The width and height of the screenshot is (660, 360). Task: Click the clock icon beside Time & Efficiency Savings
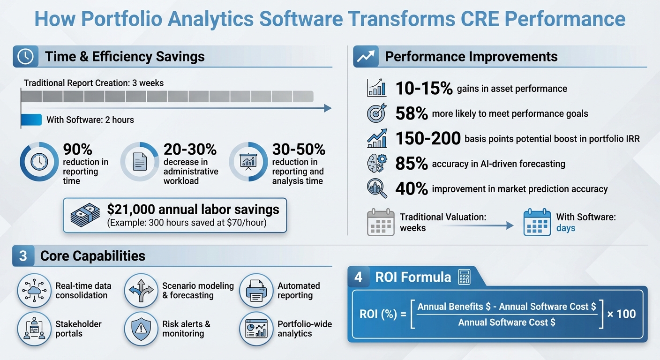tap(25, 57)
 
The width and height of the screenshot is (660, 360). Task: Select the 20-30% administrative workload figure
tap(190, 150)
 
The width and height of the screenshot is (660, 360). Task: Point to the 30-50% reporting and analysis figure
tap(299, 150)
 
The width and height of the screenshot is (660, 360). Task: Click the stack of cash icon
tap(85, 215)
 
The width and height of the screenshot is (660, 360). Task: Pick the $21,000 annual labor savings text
tap(193, 209)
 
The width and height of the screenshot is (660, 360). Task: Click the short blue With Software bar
tap(31, 120)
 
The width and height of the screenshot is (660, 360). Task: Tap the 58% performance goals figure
tap(412, 113)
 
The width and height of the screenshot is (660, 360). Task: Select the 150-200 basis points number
tap(427, 139)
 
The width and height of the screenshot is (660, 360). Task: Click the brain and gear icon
tap(377, 164)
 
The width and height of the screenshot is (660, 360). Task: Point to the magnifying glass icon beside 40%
tap(377, 188)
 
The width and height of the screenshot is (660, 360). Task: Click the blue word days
tap(566, 229)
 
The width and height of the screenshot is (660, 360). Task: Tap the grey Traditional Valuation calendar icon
tap(380, 222)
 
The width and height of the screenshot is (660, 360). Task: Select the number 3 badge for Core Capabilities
tap(23, 256)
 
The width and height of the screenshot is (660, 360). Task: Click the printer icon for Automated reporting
tap(256, 291)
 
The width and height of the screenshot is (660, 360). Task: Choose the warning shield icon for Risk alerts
tap(141, 329)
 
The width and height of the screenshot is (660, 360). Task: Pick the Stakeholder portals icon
tap(34, 329)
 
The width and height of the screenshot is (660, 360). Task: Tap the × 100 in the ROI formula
tap(622, 314)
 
